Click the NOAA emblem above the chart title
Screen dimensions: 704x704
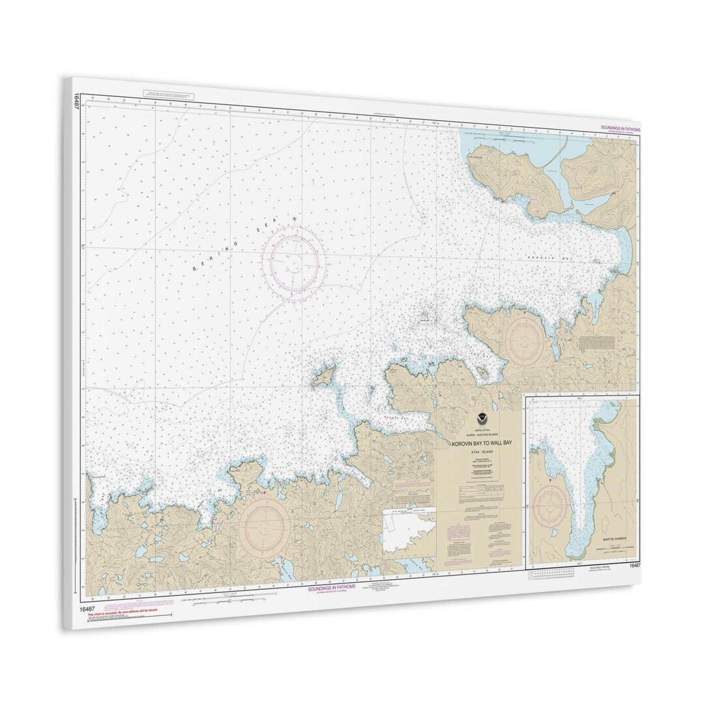click(x=478, y=421)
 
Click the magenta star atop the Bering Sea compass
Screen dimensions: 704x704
click(x=295, y=218)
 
